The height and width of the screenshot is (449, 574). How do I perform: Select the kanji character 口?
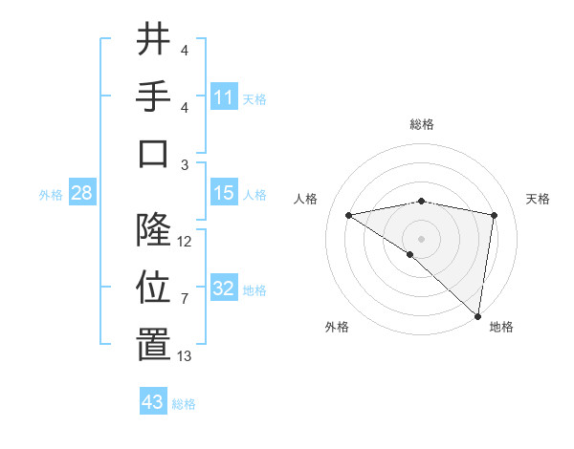click(153, 155)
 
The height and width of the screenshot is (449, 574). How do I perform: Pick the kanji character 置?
click(153, 346)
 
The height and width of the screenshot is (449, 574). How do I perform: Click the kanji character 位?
click(153, 288)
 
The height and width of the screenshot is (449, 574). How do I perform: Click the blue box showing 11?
click(224, 97)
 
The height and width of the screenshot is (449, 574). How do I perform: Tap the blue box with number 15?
click(224, 194)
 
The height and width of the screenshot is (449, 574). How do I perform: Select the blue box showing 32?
click(224, 289)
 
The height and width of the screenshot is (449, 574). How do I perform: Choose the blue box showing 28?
click(82, 194)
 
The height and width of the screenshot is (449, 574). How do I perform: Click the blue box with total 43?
click(153, 402)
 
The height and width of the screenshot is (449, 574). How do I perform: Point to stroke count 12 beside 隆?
click(185, 242)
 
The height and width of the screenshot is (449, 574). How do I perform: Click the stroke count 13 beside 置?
click(185, 356)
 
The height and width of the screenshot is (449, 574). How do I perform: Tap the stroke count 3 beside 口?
click(185, 165)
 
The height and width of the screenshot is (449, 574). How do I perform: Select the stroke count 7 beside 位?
click(185, 299)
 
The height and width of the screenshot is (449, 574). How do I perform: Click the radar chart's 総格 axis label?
click(422, 125)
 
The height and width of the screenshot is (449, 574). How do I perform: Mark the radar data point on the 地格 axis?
click(476, 314)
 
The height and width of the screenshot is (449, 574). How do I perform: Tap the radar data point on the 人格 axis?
click(348, 215)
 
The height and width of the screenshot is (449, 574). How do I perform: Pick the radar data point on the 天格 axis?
click(495, 215)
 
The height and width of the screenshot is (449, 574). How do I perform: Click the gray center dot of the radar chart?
click(421, 238)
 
